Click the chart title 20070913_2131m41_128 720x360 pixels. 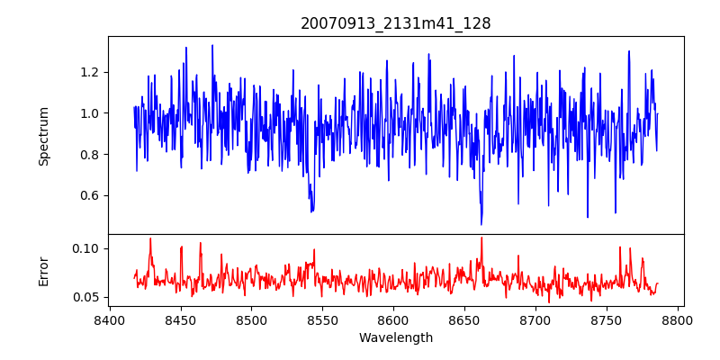(396, 23)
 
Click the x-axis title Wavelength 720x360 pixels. (396, 337)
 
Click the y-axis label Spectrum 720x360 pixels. (44, 136)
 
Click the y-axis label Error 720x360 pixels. (44, 270)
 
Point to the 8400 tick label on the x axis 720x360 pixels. (110, 319)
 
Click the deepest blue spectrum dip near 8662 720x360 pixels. (481, 223)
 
